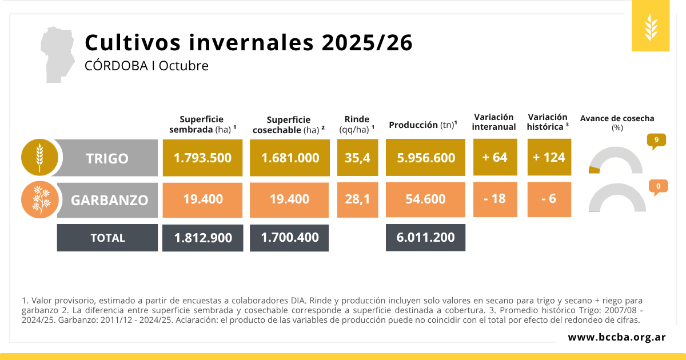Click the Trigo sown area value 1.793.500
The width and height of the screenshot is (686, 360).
coord(203,158)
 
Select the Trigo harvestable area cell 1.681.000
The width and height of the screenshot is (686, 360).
coord(290,158)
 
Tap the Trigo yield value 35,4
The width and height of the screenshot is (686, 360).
coord(357,158)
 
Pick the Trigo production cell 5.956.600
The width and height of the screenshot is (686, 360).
coord(425,158)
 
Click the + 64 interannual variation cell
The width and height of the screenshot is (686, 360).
coord(494,158)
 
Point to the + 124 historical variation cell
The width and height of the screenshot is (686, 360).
coord(549,158)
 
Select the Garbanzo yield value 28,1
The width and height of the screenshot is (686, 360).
coord(357,199)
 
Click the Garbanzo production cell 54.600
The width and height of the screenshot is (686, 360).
coord(425,199)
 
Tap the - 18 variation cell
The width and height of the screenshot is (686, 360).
coord(494,199)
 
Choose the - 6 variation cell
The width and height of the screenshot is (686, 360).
coord(549,199)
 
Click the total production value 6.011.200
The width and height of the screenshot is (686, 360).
coord(425,238)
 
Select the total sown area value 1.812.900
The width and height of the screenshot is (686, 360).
coord(203,238)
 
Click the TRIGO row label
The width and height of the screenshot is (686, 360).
coord(107,158)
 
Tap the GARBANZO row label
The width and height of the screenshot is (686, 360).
coord(109,200)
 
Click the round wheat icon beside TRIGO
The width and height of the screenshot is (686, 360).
coord(39,158)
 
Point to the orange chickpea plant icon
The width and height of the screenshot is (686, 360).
coord(39,200)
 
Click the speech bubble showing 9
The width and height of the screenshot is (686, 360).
coord(656,141)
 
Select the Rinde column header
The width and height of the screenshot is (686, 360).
coord(357,124)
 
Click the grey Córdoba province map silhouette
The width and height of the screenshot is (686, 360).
coord(58,54)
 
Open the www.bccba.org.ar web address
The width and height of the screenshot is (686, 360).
coord(616,337)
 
